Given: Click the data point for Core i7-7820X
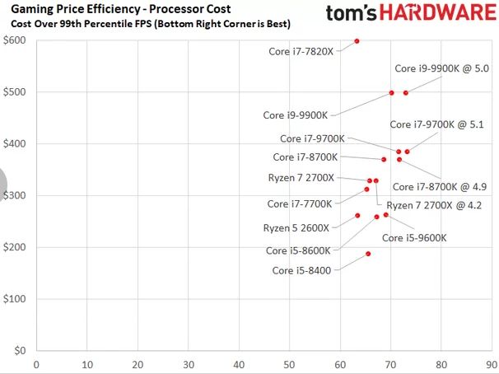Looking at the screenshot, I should pos(357,40).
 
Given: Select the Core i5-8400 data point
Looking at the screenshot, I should pos(368,254).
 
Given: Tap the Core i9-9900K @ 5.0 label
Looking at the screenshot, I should pos(442,68).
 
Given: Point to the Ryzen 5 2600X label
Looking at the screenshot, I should pos(296,227).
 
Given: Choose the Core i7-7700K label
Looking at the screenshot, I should pos(301,203).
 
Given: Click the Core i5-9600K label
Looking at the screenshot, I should pos(414,238).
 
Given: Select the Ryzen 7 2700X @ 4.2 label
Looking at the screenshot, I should pos(434,205).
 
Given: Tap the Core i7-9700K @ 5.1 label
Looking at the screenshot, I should pos(436,124).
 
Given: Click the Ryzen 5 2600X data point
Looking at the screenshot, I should pos(357,216).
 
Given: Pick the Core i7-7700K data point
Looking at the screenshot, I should pos(367,189).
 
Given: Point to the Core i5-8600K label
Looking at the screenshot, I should pos(298,250).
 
